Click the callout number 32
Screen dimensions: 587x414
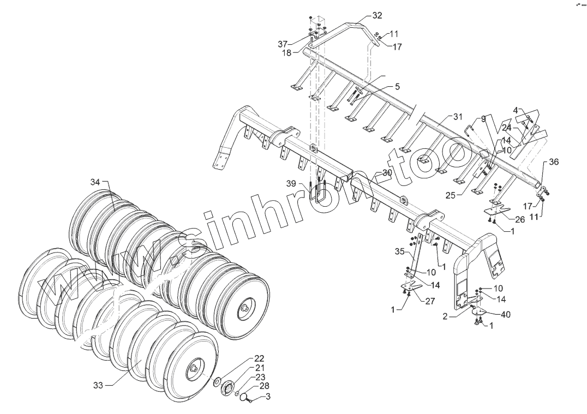click(x=377, y=15)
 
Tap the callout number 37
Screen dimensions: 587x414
click(x=282, y=44)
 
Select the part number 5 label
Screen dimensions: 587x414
click(x=397, y=87)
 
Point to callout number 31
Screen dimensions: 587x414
click(x=457, y=117)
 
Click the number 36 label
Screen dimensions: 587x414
click(x=554, y=162)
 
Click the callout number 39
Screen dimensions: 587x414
click(x=291, y=184)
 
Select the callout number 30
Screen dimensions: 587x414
click(x=387, y=172)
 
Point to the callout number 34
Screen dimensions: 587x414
click(x=95, y=182)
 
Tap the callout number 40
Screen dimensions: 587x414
click(x=506, y=314)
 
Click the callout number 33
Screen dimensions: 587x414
click(x=98, y=385)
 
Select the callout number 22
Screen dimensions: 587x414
click(x=259, y=358)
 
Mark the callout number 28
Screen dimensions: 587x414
click(x=264, y=386)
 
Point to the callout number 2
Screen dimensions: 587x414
click(x=445, y=316)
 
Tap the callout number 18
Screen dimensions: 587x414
click(x=287, y=53)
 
